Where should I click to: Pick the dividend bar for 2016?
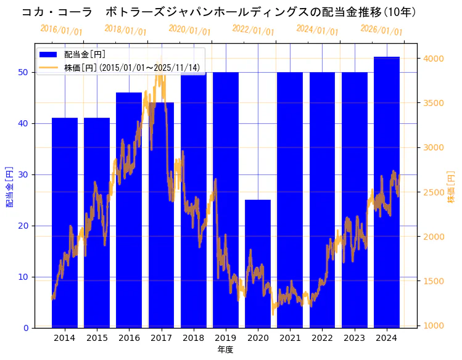tap(129, 210)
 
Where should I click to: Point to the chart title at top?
tap(219, 12)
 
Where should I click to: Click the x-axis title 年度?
tap(226, 350)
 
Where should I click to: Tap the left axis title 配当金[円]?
tap(9, 187)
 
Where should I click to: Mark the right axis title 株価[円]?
tap(451, 187)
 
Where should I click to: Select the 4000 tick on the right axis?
tap(432, 59)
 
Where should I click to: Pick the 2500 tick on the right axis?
tap(432, 192)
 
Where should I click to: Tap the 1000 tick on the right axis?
tap(432, 325)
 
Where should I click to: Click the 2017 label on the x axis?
tap(161, 338)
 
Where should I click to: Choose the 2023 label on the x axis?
tap(354, 338)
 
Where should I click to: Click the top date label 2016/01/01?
tap(61, 30)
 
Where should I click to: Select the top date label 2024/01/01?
tap(317, 30)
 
